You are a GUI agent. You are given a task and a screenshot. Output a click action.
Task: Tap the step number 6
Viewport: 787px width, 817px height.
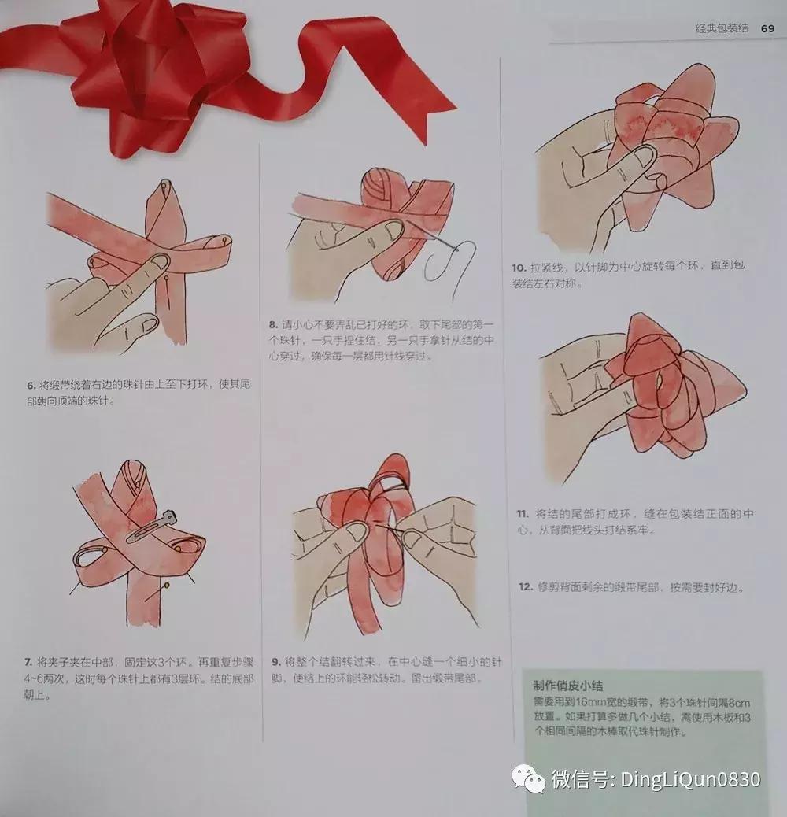[31, 386]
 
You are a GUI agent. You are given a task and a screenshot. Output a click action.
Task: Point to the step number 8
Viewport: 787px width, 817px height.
[273, 323]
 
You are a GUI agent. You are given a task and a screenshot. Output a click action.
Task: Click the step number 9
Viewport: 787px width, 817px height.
[275, 661]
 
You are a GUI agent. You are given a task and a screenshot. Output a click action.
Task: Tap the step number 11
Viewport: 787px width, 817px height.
[522, 513]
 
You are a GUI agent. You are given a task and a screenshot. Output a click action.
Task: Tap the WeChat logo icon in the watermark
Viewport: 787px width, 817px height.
[528, 778]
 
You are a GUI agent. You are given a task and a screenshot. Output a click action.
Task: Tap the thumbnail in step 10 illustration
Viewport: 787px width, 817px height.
[644, 155]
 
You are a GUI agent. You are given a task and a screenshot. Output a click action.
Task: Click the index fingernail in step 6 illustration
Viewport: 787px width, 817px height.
[158, 261]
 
